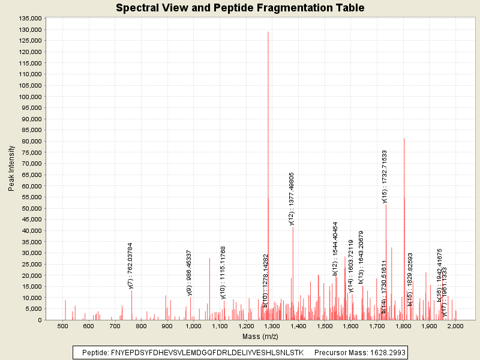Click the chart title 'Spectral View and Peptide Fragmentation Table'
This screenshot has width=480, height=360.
[240, 8]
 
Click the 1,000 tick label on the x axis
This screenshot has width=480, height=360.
[193, 326]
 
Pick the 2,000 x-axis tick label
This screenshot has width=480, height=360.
[455, 326]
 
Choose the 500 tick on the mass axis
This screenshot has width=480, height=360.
[62, 326]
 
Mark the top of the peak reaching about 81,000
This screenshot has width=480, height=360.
[404, 139]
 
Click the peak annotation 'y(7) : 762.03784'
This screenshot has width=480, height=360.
[130, 266]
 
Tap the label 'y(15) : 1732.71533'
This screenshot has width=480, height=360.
[385, 176]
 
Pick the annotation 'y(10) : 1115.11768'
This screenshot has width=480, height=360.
[223, 272]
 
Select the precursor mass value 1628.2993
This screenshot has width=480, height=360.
[385, 352]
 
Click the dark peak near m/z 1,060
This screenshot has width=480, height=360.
[209, 259]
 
